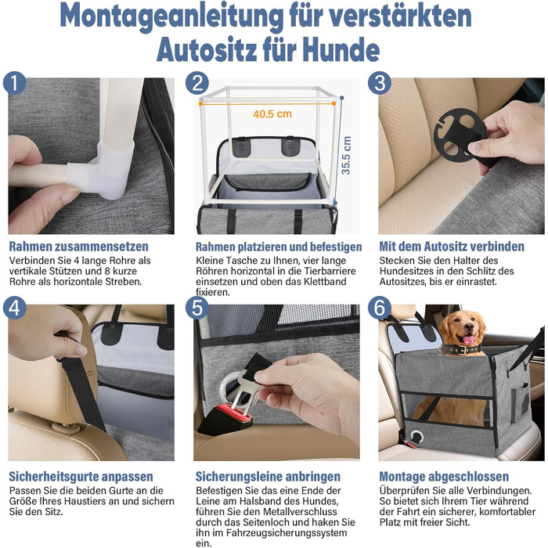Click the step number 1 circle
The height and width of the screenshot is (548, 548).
point(15,83)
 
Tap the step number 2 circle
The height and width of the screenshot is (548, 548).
point(197,83)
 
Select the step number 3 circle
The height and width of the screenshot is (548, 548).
point(380,83)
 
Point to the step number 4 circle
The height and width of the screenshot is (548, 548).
point(15,308)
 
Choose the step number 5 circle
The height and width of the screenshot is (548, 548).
point(197,308)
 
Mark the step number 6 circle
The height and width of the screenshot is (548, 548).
point(380,308)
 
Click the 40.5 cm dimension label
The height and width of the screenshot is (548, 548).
point(272,114)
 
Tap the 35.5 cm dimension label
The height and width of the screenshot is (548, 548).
point(346,156)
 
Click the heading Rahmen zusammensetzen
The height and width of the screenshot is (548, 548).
point(78,247)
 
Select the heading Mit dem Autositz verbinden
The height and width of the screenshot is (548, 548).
point(452,247)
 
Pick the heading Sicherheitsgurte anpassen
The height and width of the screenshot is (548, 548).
point(81,476)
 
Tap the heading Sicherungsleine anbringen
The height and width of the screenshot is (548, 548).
point(268,476)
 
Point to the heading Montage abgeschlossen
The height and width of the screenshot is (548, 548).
point(444,476)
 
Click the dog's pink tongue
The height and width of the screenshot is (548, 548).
point(469,339)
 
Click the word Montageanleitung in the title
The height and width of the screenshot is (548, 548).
point(171,16)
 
